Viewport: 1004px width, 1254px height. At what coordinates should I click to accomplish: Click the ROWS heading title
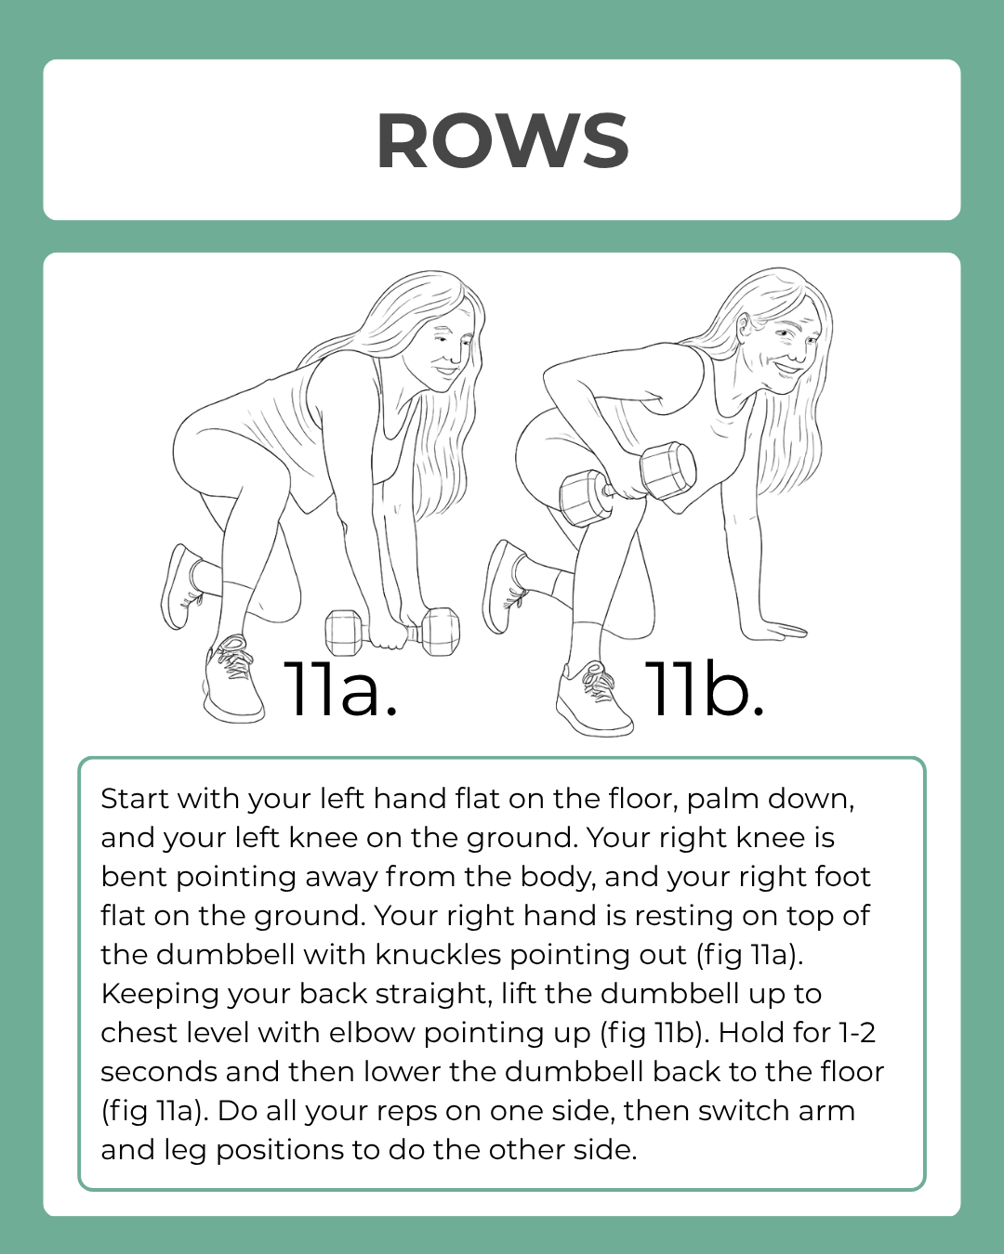pos(502,141)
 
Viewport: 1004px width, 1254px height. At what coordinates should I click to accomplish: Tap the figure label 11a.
pos(340,689)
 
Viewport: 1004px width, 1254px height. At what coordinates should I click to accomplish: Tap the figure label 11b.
pos(704,689)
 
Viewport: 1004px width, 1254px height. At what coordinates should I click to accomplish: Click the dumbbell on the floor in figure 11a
pos(392,633)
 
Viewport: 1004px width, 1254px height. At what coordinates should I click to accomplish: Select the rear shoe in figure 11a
pos(181,585)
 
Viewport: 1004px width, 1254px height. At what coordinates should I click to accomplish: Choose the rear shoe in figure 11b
pos(505,585)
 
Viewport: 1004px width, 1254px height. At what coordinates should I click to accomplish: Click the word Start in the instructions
pos(134,799)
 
